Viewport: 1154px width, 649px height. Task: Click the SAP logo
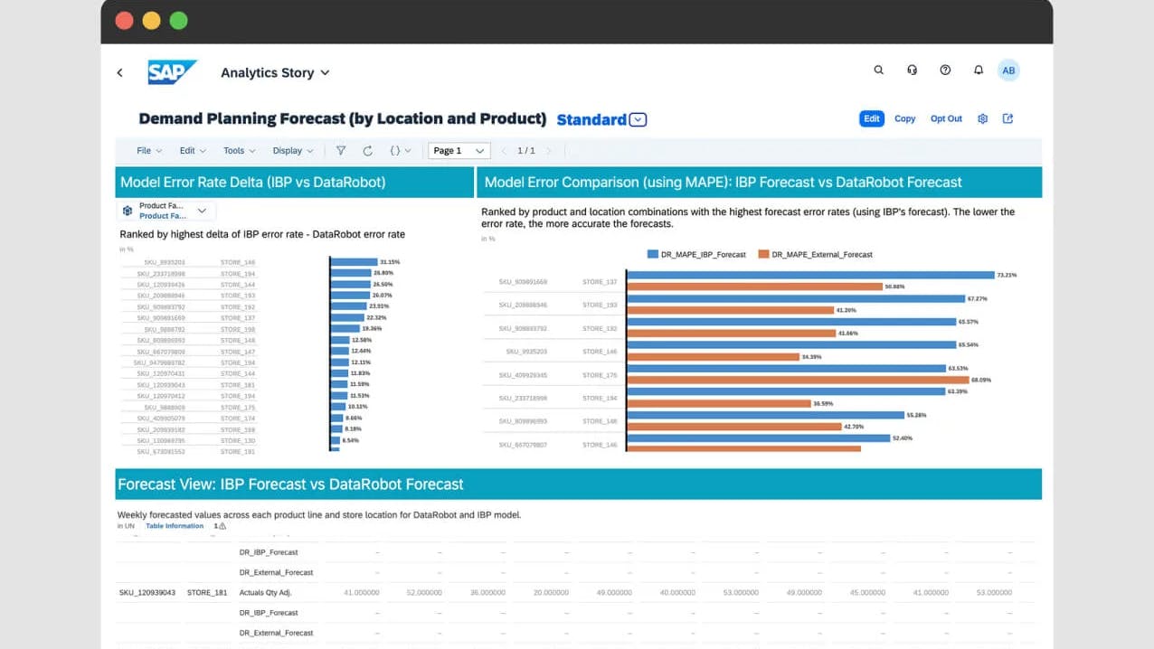[172, 72]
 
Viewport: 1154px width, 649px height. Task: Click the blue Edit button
[871, 118]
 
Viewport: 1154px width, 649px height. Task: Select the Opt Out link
[946, 118]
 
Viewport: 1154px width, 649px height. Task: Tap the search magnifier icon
[878, 71]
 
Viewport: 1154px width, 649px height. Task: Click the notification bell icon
[978, 71]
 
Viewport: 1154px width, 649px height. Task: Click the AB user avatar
[1007, 71]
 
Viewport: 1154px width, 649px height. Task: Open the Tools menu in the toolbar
[239, 151]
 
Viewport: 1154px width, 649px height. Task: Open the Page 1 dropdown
[459, 151]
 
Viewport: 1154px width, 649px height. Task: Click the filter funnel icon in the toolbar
[341, 151]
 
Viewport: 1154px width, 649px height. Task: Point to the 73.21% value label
[1007, 275]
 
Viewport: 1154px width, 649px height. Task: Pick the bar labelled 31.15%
[354, 261]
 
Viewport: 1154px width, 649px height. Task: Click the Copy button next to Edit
[904, 118]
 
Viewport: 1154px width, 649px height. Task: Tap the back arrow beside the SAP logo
[119, 72]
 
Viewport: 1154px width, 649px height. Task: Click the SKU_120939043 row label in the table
[147, 593]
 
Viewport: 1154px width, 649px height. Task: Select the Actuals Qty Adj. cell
[265, 593]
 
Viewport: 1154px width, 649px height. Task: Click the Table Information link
[175, 525]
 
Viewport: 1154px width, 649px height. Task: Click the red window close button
[124, 21]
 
